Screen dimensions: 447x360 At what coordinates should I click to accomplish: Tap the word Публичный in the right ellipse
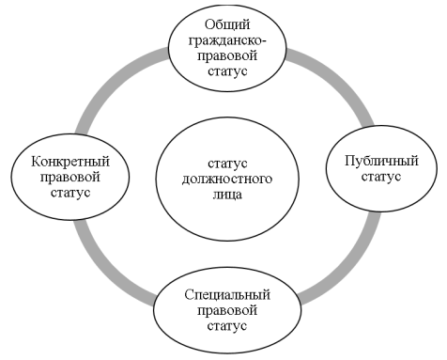[374, 160]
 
